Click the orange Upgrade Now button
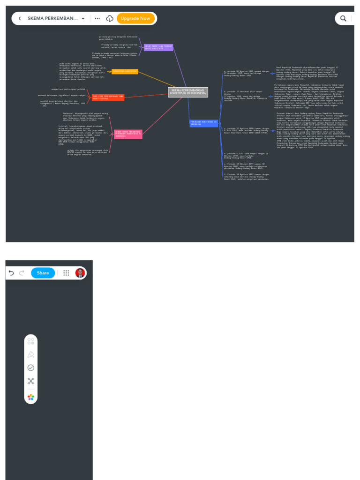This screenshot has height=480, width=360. [x=135, y=18]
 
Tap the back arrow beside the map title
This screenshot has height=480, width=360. [x=20, y=18]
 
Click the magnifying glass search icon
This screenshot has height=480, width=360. [x=344, y=18]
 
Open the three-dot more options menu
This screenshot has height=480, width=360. [x=97, y=18]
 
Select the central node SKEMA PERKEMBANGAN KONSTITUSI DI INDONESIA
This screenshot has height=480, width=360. [x=188, y=92]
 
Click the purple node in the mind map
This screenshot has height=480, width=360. [x=158, y=47]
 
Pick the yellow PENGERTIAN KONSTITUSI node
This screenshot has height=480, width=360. [x=125, y=71]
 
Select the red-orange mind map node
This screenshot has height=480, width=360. [x=108, y=97]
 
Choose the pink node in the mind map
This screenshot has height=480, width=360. [x=128, y=134]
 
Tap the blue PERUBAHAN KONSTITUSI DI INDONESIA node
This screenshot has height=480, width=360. [x=204, y=123]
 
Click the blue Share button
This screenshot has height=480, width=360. [x=43, y=273]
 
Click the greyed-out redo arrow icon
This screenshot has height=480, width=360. [x=22, y=273]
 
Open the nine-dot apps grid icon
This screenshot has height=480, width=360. [x=66, y=273]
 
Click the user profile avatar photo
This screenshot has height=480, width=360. [x=80, y=273]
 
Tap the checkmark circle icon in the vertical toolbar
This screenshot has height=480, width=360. [x=31, y=368]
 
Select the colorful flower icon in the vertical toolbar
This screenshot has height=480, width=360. [x=31, y=397]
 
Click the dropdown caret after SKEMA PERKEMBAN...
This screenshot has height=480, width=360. [x=83, y=18]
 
